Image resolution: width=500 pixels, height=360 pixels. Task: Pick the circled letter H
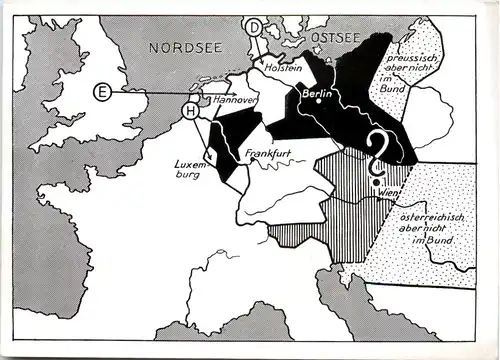[190, 110]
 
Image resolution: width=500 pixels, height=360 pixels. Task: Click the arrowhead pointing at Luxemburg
[211, 158]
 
